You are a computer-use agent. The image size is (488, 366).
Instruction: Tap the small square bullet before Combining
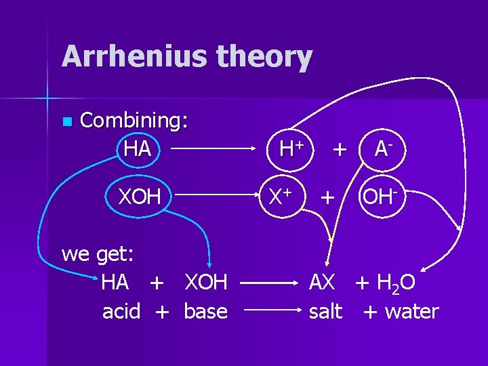(66, 122)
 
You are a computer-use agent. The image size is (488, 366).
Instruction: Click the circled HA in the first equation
(138, 148)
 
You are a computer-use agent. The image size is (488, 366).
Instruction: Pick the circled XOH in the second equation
(140, 197)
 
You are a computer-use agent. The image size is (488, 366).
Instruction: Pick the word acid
(121, 312)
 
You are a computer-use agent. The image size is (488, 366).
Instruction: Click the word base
(205, 312)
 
